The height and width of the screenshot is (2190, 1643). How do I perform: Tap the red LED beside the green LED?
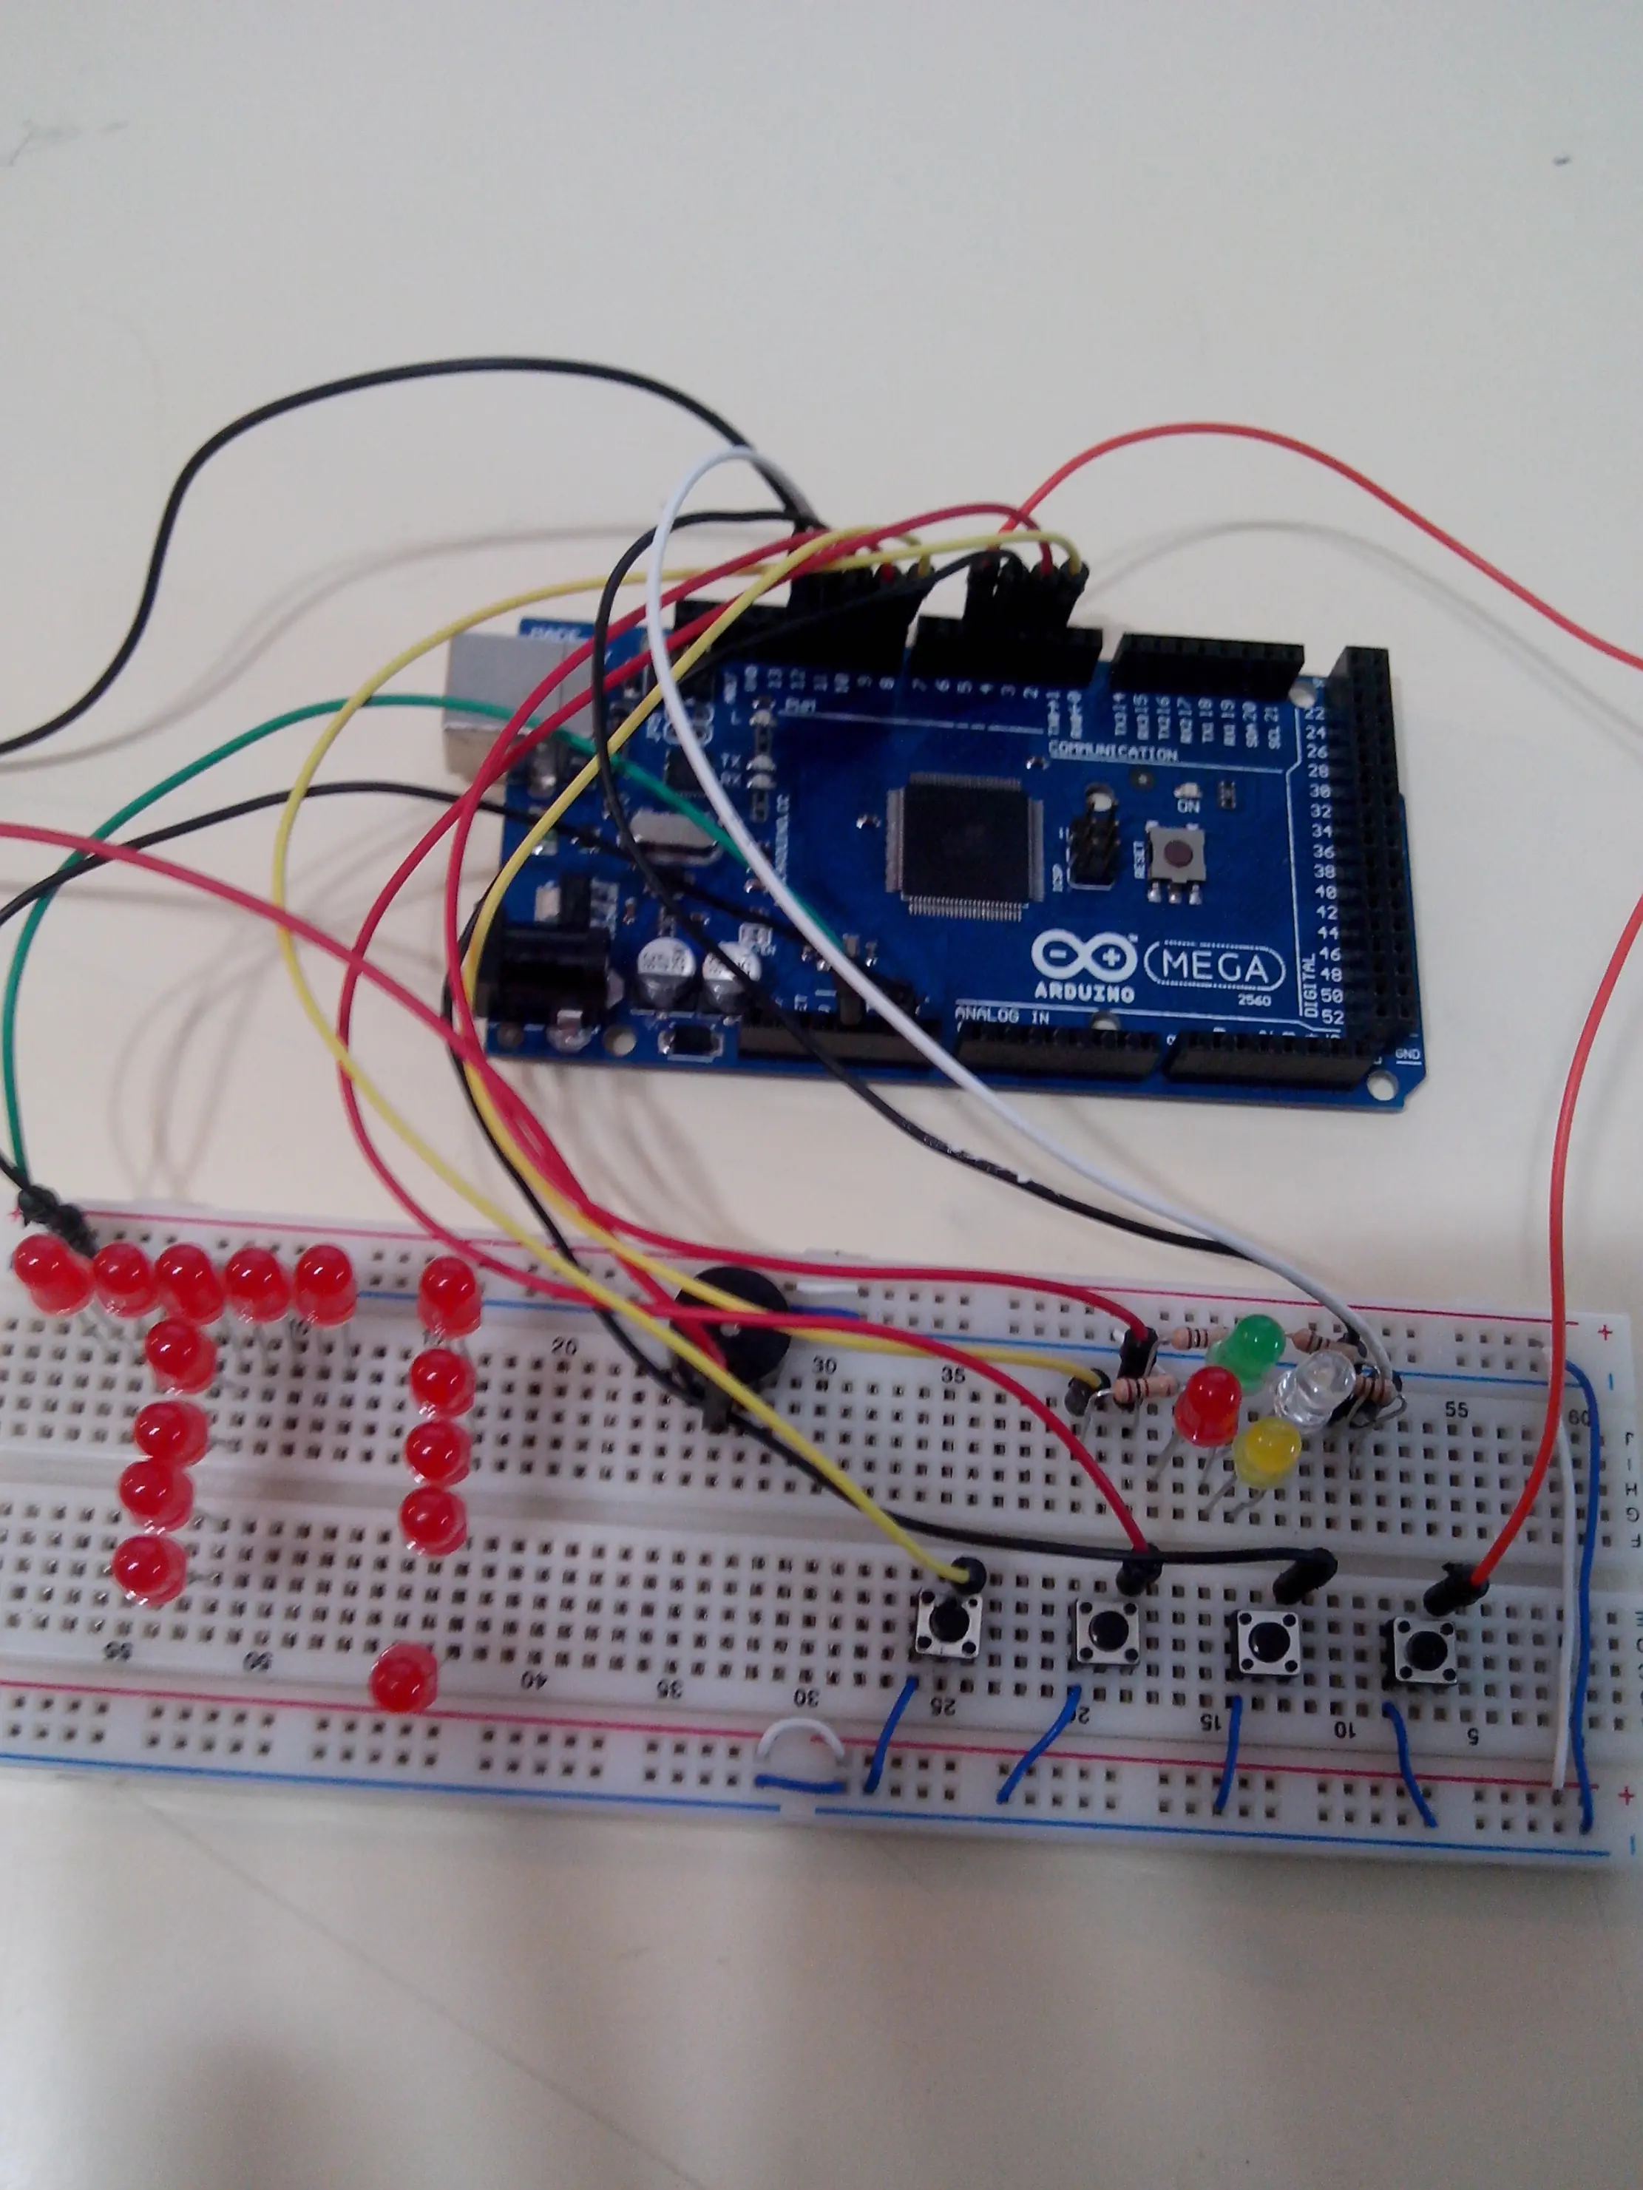[x=1209, y=1403]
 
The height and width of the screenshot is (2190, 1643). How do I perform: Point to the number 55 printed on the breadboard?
[x=1455, y=1410]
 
